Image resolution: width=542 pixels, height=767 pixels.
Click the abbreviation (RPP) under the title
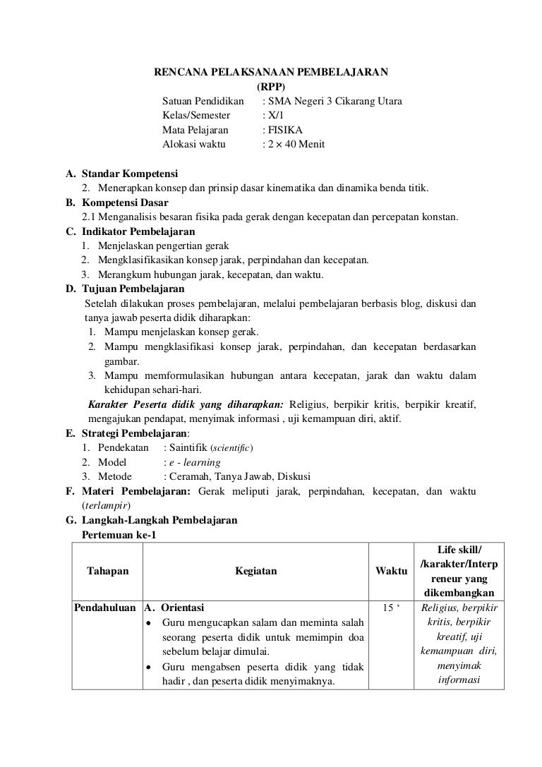click(271, 87)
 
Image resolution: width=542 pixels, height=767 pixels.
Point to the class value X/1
click(272, 116)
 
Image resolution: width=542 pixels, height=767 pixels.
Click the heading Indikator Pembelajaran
click(138, 231)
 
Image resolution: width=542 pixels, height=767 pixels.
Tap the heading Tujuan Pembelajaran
click(133, 289)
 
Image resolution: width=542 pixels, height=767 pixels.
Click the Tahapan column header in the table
click(107, 572)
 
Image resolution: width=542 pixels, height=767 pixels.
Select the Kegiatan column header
click(256, 572)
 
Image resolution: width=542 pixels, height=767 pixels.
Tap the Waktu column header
click(391, 571)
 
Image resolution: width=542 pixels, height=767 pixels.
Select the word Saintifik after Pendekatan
click(188, 448)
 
